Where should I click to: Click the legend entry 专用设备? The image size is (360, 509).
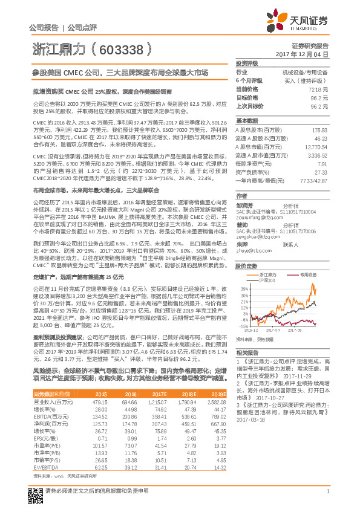(310, 273)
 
